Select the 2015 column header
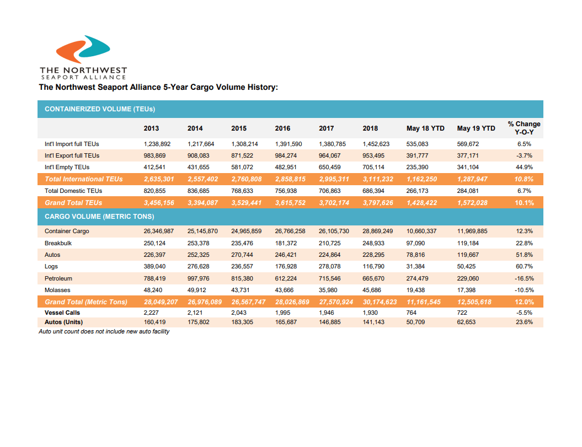point(239,128)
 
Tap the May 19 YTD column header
point(476,128)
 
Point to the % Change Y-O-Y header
point(524,128)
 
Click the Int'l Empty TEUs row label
point(67,167)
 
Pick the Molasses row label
point(57,290)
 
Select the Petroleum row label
point(58,278)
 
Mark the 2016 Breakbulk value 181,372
point(289,243)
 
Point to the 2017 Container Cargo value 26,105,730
point(334,231)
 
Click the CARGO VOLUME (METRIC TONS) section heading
point(99,217)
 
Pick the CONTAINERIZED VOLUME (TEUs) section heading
point(100,109)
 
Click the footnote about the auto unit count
point(104,332)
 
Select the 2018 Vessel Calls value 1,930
point(371,313)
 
